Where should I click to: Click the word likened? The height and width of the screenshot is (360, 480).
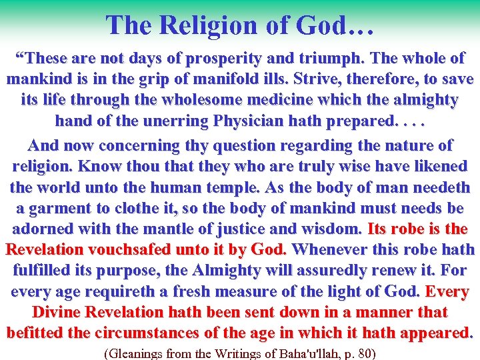(435, 166)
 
